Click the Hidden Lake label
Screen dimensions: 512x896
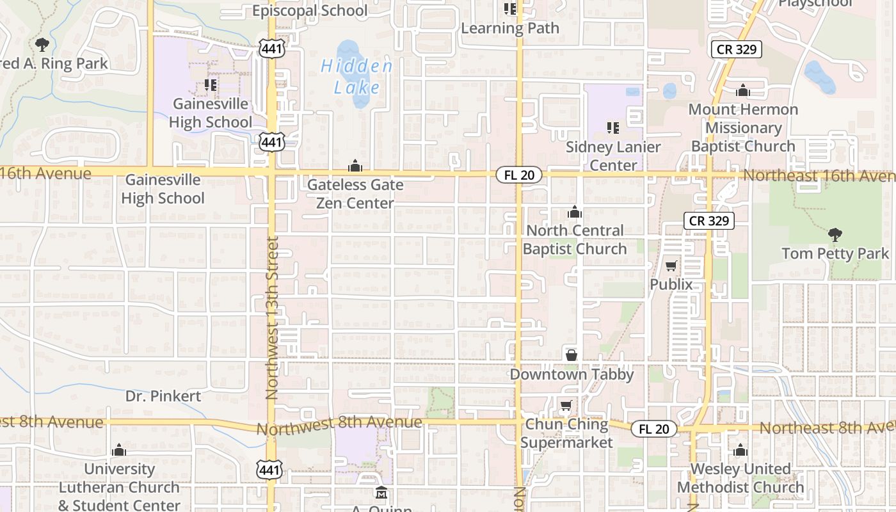click(x=356, y=76)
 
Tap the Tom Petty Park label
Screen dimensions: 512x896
click(x=835, y=253)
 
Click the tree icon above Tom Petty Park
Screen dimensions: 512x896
click(x=835, y=235)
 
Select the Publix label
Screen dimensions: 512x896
click(x=671, y=284)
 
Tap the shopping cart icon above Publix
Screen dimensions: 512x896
click(x=671, y=266)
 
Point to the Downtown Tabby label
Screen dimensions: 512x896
click(x=572, y=374)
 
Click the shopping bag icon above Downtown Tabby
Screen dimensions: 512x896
click(x=571, y=355)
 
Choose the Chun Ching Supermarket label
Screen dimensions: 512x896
click(x=566, y=433)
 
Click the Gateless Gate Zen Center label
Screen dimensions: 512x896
click(x=355, y=194)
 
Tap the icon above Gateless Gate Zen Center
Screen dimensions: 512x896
click(x=355, y=166)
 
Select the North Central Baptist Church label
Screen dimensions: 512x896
click(x=575, y=239)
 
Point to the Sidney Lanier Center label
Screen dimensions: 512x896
click(x=613, y=156)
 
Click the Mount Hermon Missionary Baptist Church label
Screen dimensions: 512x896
click(x=743, y=127)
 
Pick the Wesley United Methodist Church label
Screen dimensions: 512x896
click(x=740, y=478)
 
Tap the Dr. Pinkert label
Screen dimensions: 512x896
click(x=163, y=396)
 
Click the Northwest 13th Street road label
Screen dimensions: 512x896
click(x=273, y=318)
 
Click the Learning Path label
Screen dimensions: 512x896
click(x=510, y=28)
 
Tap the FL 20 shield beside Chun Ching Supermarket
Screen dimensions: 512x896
click(x=653, y=429)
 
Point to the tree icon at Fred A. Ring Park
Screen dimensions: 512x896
click(x=42, y=45)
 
